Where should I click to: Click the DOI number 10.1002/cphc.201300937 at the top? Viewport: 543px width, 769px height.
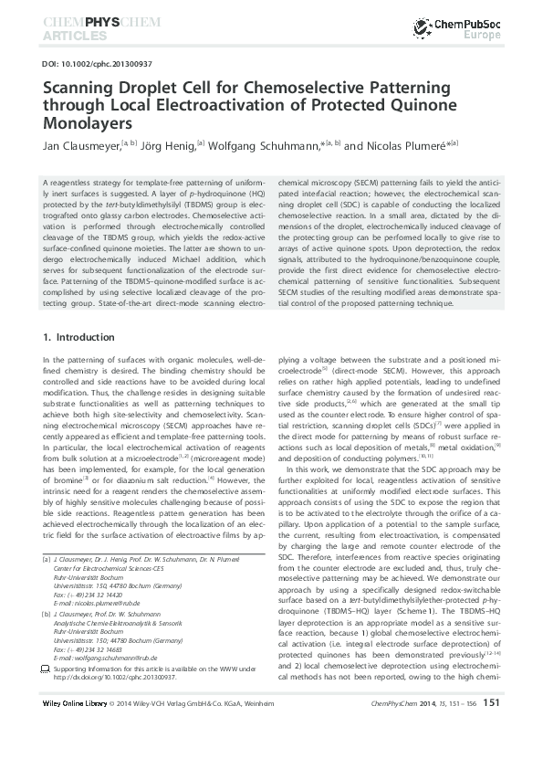[87, 65]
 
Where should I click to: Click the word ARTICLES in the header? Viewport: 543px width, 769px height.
[71, 37]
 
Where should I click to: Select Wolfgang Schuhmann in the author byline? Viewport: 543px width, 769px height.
[265, 145]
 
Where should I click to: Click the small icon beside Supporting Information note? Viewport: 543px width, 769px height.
[47, 669]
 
